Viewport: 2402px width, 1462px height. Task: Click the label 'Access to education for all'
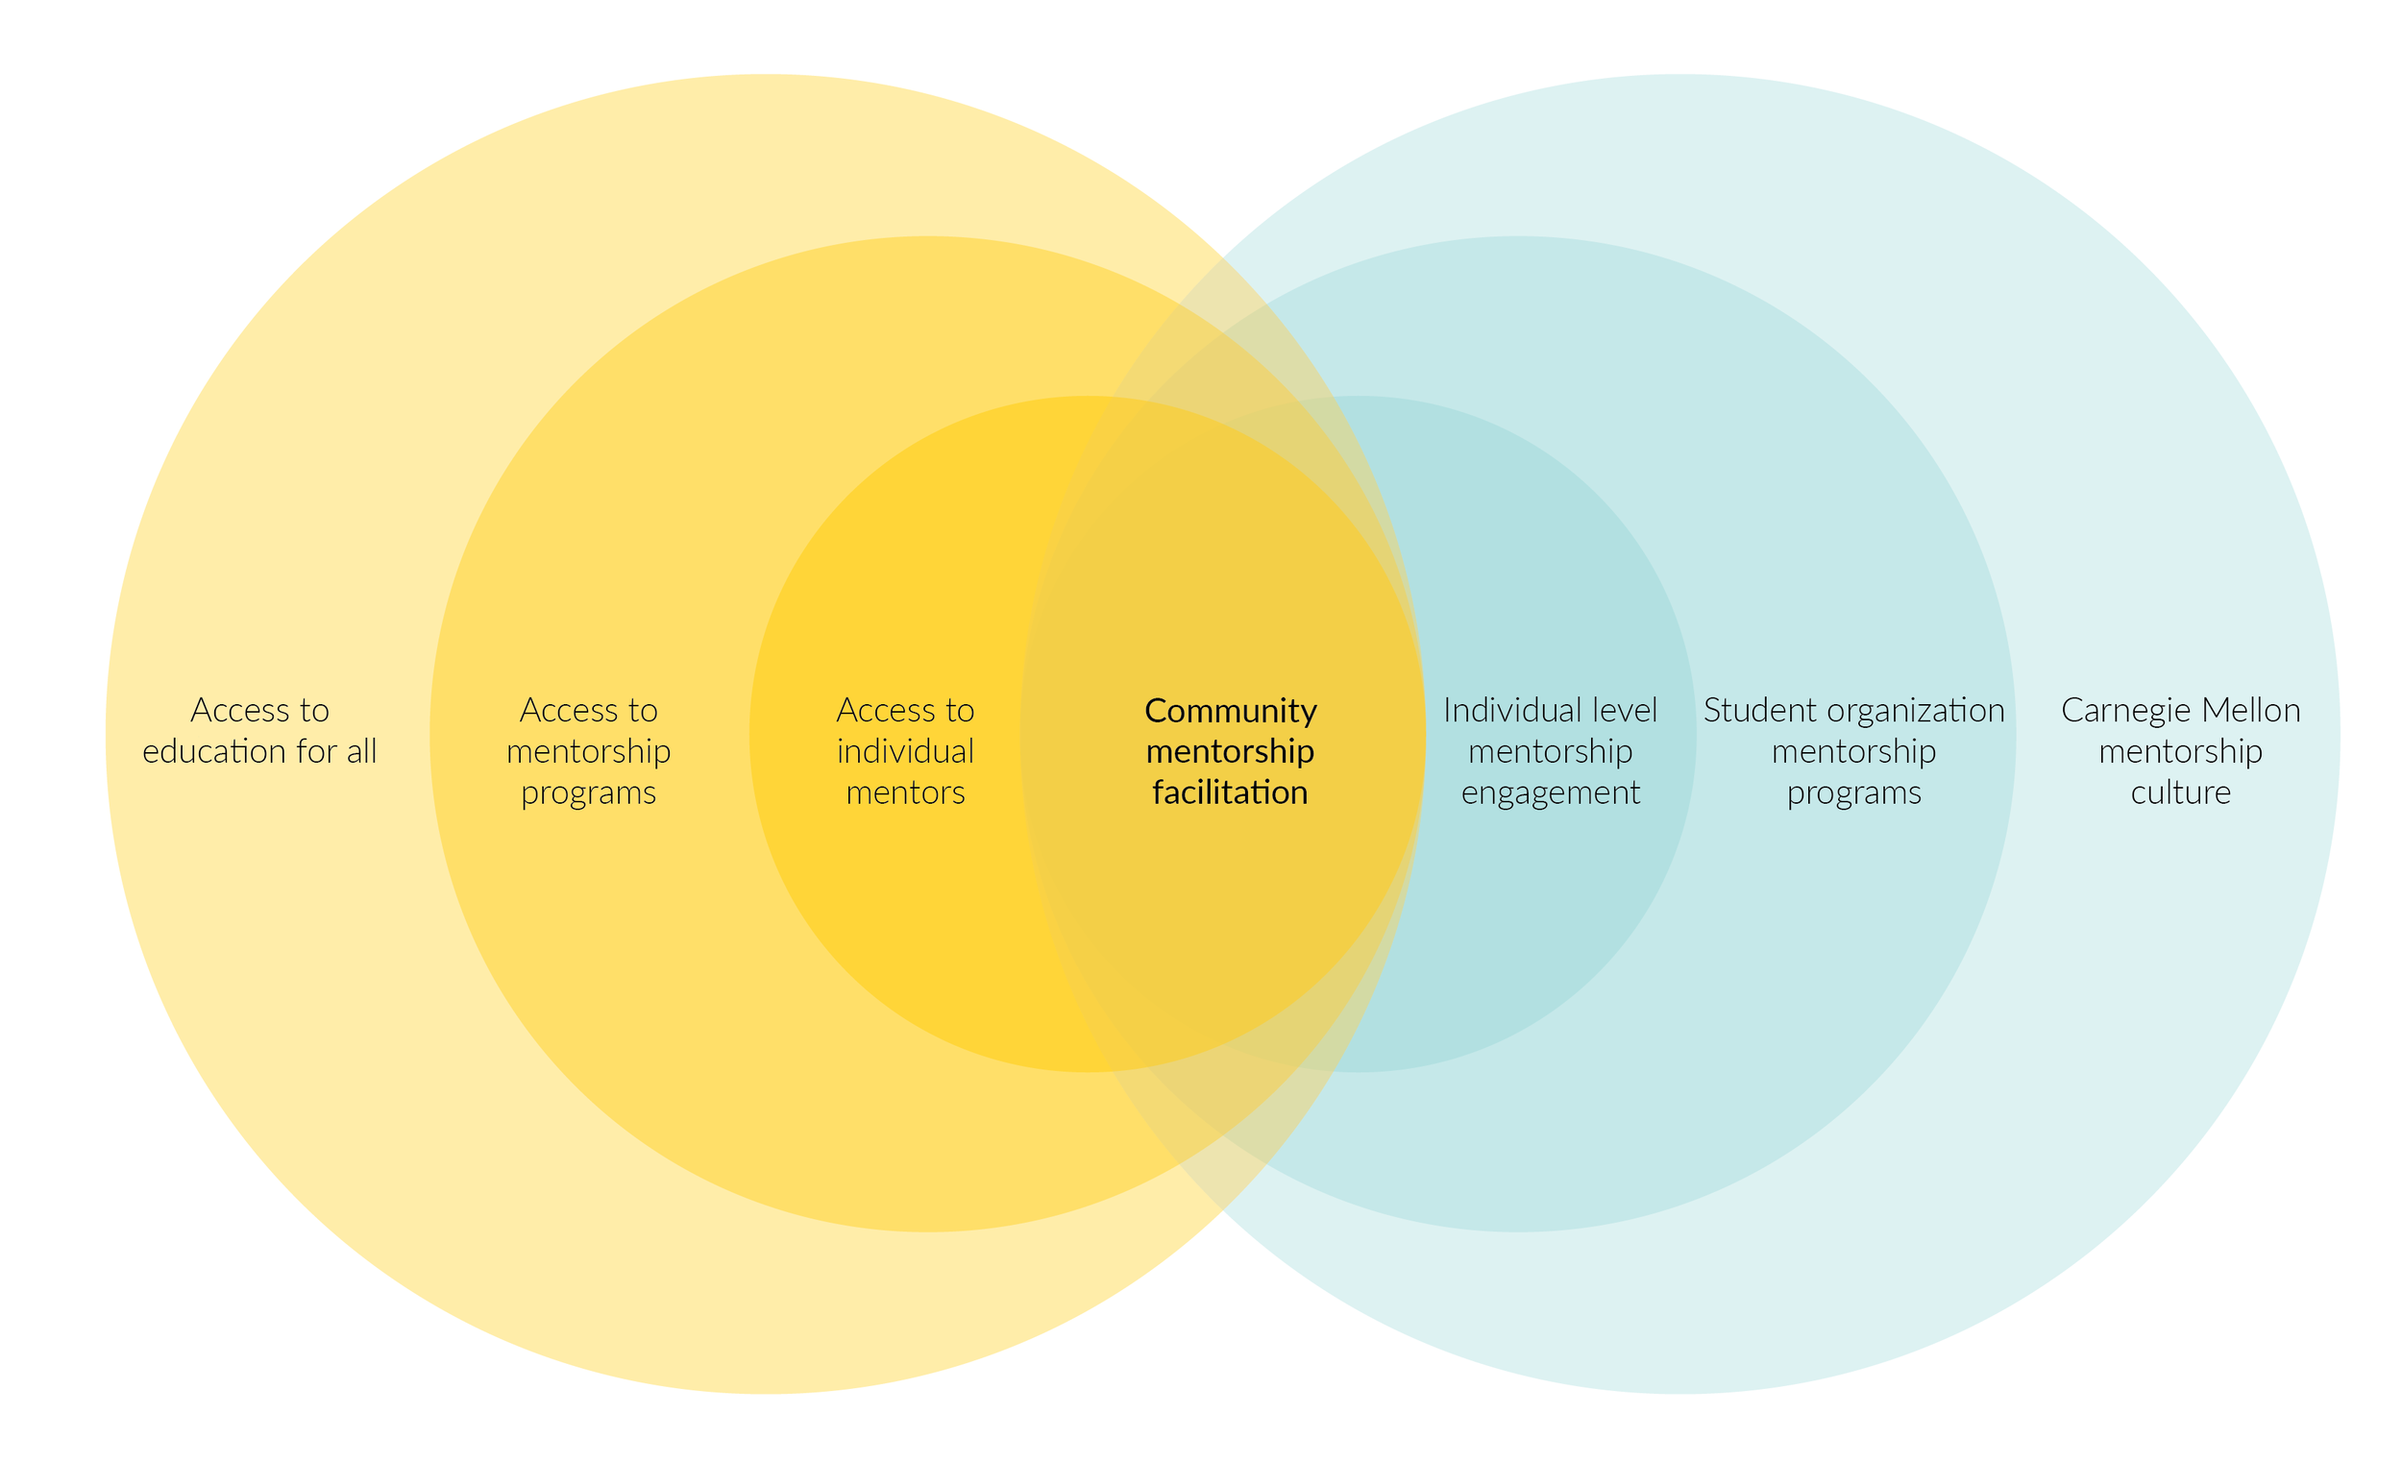[x=259, y=731]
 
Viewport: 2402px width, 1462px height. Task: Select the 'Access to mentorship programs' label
[x=588, y=751]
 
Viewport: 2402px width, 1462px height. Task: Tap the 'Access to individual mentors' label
[x=905, y=751]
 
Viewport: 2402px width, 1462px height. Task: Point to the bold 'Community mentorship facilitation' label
[x=1230, y=751]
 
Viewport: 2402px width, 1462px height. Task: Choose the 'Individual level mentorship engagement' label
[x=1550, y=751]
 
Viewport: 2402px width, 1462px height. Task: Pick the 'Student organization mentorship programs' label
[x=1853, y=751]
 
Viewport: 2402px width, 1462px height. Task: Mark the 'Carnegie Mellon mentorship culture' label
[x=2181, y=751]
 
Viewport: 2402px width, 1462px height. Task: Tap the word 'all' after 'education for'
[x=361, y=752]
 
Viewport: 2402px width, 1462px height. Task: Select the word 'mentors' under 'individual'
[x=905, y=793]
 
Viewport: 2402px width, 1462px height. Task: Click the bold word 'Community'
[x=1230, y=712]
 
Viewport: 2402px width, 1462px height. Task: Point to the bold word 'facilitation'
[x=1230, y=793]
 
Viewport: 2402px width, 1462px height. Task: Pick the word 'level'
[x=1625, y=712]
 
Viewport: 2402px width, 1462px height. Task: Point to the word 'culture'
[x=2181, y=793]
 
